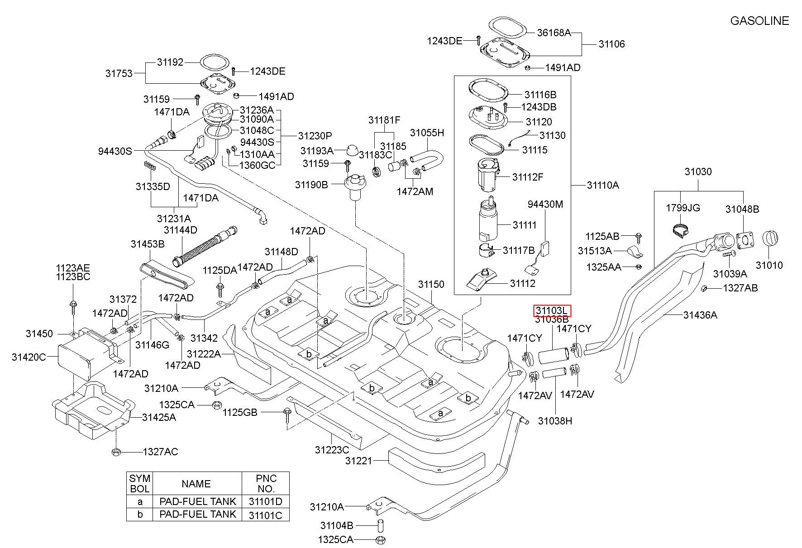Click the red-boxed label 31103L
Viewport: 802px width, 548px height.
point(552,310)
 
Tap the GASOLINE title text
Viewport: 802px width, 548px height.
point(759,21)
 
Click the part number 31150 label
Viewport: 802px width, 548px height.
point(431,285)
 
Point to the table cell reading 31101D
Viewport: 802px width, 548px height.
point(266,501)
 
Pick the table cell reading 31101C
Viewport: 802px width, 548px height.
point(266,515)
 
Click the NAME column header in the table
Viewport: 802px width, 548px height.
point(196,484)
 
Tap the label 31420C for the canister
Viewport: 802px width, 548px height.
point(29,357)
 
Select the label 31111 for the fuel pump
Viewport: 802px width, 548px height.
point(525,225)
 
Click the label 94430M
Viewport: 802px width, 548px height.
point(545,205)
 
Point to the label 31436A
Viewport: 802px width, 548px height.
point(700,315)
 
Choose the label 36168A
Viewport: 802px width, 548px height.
point(554,33)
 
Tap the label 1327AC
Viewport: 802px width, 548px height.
point(161,452)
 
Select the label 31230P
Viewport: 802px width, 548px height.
point(315,136)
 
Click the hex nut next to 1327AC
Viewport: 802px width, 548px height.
point(115,451)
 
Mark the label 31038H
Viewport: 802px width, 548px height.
point(555,421)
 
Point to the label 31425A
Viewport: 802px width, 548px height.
point(159,417)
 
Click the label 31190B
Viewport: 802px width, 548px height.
point(311,185)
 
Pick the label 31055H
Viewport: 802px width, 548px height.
point(427,133)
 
